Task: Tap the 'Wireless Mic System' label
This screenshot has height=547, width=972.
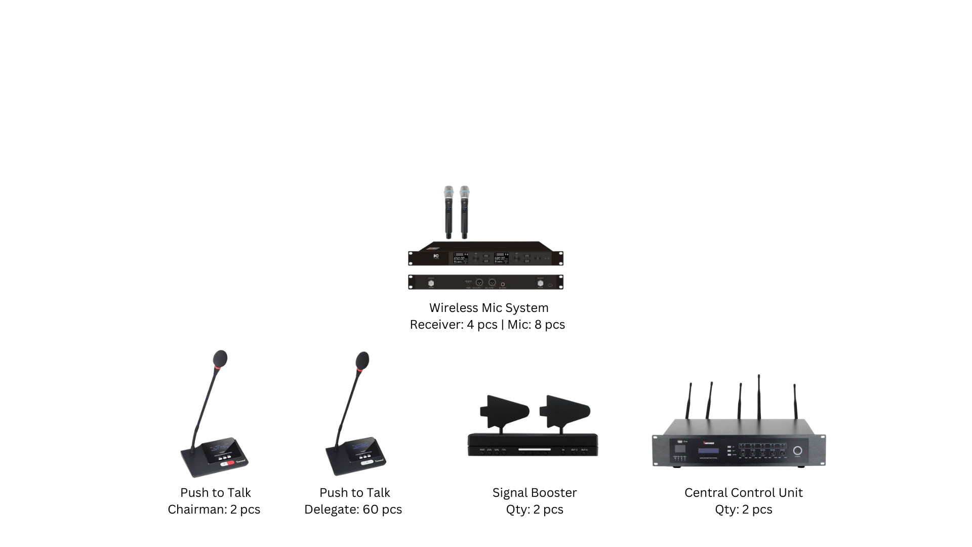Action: [x=489, y=308]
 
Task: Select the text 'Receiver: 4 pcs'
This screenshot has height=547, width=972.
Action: [x=453, y=325]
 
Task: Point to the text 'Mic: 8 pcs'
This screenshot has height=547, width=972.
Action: [x=536, y=325]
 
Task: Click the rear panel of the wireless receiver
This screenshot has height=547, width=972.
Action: [x=485, y=282]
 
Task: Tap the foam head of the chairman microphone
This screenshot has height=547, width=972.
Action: [x=220, y=358]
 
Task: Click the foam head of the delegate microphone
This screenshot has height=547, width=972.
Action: [x=362, y=360]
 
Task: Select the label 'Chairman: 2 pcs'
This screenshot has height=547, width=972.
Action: [x=214, y=510]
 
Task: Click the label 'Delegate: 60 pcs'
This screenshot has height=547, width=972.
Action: [x=353, y=510]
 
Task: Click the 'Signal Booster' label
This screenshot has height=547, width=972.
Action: [x=534, y=493]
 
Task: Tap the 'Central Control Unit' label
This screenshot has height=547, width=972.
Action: [x=743, y=493]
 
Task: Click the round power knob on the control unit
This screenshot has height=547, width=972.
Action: [x=797, y=451]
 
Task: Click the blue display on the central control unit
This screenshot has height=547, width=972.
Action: [x=708, y=451]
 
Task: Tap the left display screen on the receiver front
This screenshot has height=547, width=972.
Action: [x=459, y=258]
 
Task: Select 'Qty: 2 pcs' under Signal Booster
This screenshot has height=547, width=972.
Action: [x=534, y=510]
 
